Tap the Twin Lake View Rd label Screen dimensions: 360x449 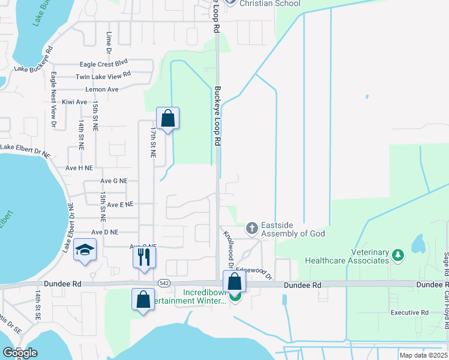tap(103, 76)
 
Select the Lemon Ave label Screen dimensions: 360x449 tap(103, 89)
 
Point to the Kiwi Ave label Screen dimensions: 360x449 tap(74, 102)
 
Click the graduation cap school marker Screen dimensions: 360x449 tap(85, 250)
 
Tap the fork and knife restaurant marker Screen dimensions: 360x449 tap(144, 257)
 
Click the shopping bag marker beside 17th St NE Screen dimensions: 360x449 tap(168, 118)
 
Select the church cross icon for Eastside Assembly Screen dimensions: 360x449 tap(252, 228)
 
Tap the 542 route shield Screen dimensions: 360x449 tap(164, 282)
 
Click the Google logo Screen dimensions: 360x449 tap(19, 353)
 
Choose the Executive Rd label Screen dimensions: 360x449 tap(409, 313)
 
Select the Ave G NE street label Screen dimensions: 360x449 tap(114, 181)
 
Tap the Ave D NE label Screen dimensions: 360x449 tap(105, 232)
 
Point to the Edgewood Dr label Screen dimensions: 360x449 tap(255, 273)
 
